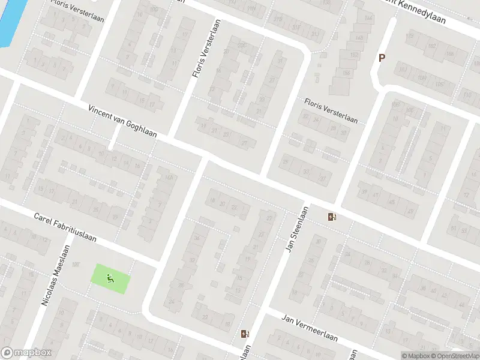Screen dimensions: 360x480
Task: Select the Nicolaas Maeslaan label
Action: pos(55,276)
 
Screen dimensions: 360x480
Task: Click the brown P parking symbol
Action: pos(380,58)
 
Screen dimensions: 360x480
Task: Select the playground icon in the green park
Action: pos(109,278)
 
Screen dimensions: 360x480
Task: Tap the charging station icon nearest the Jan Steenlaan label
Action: pos(332,217)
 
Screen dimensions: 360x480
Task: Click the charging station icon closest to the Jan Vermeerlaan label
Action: pos(244,334)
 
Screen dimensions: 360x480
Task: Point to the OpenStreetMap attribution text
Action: pos(452,356)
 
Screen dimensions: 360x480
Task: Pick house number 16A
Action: pos(169,178)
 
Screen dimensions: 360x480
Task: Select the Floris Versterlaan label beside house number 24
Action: pos(331,111)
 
